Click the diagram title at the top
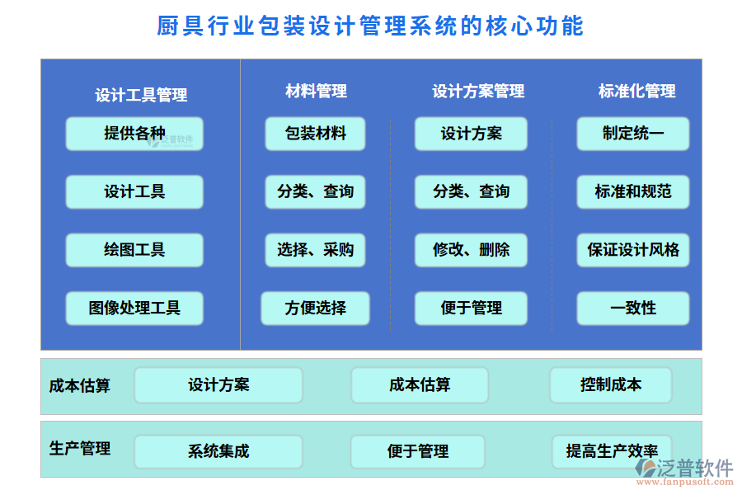370,26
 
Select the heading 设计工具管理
141,95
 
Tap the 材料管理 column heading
316,91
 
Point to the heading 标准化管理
636,91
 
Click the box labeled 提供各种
134,134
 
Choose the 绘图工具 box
134,250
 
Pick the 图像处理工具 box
134,309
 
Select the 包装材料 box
315,134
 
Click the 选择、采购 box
315,250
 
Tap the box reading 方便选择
315,309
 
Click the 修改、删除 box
471,250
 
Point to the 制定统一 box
632,134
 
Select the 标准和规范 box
632,192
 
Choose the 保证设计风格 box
632,250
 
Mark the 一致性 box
632,309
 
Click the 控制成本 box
610,385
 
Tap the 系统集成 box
218,452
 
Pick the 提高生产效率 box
611,452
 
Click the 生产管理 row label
80,449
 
